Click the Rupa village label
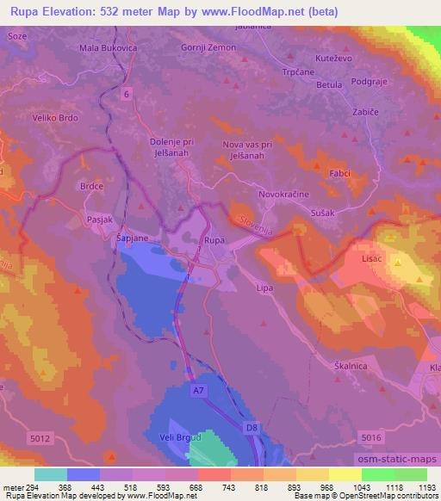point(214,241)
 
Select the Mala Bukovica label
point(108,48)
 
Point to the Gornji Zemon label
point(208,47)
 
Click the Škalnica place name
point(351,366)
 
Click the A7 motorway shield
point(199,391)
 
